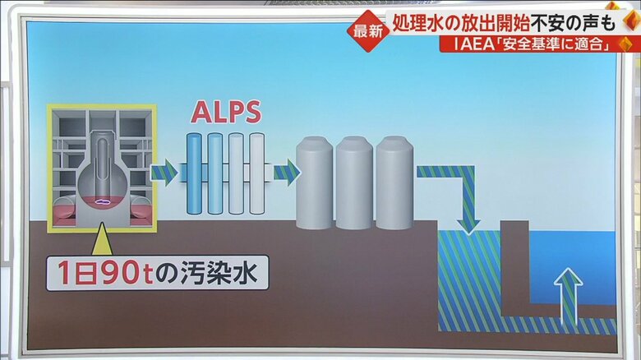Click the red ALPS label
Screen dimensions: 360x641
[x=226, y=113]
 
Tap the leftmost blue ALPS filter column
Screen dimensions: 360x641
[x=194, y=173]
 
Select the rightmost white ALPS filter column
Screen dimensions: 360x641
[x=257, y=173]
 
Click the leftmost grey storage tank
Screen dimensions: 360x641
[x=314, y=183]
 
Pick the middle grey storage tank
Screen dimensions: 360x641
[x=354, y=183]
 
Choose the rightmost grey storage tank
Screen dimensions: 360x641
[x=394, y=183]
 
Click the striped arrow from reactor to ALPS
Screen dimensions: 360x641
[x=164, y=173]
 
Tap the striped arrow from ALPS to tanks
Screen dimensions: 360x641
[x=286, y=173]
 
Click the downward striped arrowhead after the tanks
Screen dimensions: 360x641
[x=468, y=220]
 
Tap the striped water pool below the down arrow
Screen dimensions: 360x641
[x=468, y=279]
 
